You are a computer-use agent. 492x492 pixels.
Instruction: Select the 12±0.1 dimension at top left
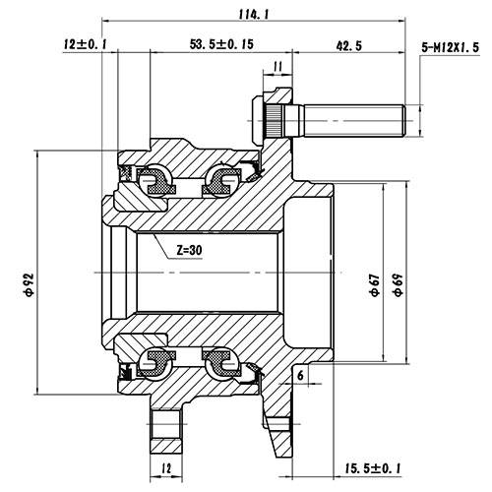[x=86, y=45]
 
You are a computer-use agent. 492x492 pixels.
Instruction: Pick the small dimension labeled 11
[x=277, y=66]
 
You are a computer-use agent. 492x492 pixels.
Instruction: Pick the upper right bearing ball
[x=219, y=180]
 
